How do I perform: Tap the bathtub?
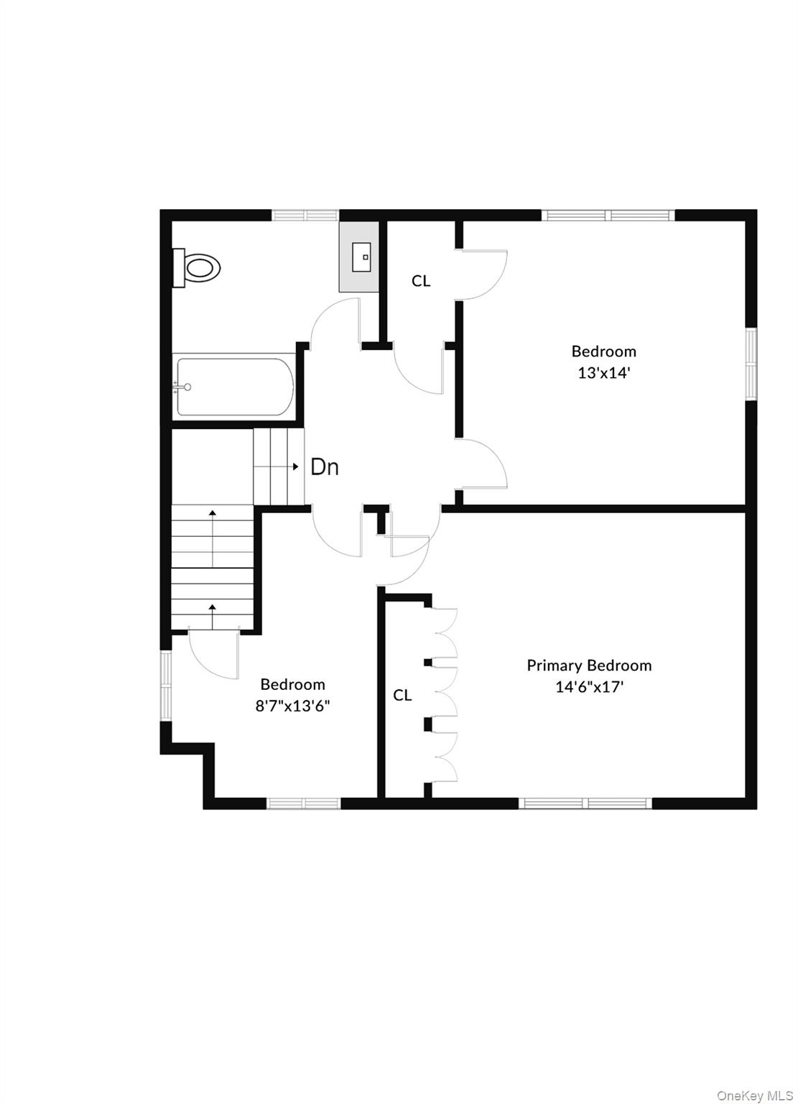tap(235, 387)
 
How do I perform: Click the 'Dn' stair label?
tap(325, 467)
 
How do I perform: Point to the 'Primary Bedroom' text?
tap(589, 666)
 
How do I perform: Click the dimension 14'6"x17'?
tap(589, 687)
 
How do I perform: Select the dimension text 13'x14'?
tap(603, 373)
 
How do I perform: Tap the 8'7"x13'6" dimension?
tap(292, 706)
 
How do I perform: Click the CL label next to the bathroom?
tap(421, 281)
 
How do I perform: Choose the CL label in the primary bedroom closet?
tap(402, 695)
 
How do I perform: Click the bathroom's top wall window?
tap(305, 214)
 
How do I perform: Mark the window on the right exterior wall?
tap(751, 364)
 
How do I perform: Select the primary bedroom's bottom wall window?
tap(585, 803)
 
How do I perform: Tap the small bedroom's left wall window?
tap(166, 686)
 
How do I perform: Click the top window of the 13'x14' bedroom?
tap(608, 214)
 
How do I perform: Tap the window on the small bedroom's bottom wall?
tap(304, 803)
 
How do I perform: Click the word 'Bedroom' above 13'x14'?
tap(603, 351)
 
